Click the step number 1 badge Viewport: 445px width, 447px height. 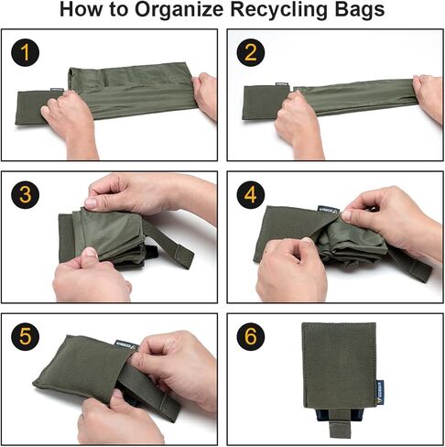coord(28,52)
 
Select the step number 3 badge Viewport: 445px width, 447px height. coord(28,194)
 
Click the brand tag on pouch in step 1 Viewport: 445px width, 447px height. coord(55,92)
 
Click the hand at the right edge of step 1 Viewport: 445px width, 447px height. coord(206,94)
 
